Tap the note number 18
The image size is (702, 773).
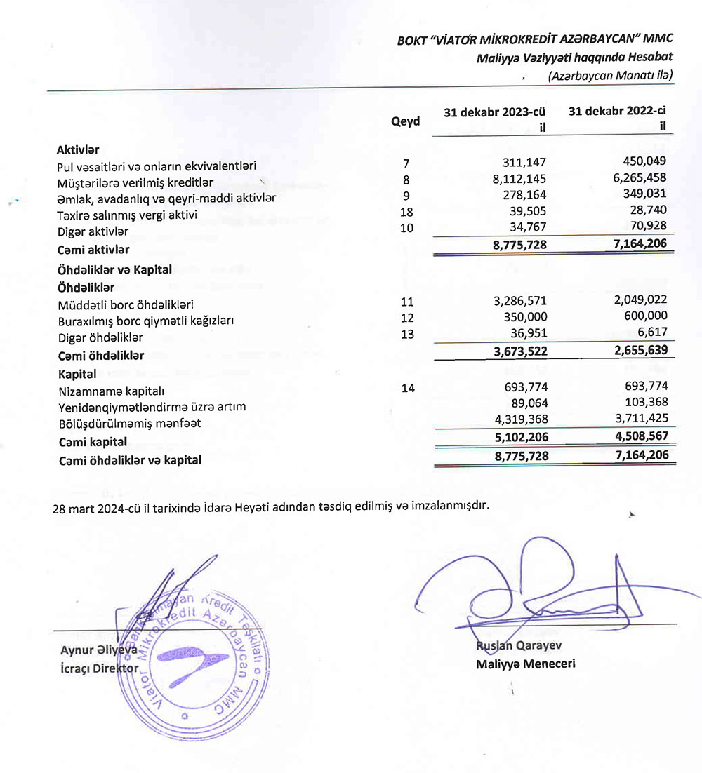pos(406,212)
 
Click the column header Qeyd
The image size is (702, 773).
pos(406,121)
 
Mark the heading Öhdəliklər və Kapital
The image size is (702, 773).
pos(114,269)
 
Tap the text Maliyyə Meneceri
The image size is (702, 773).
pos(525,663)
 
